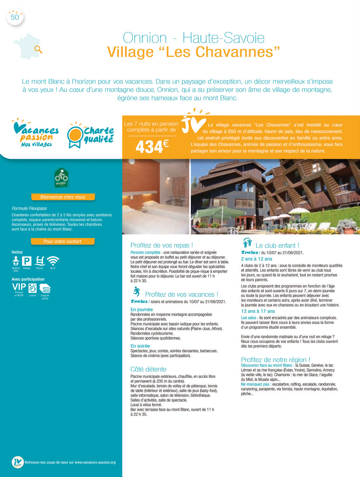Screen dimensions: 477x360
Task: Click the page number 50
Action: coord(15,17)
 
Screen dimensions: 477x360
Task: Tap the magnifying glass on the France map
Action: coord(38,49)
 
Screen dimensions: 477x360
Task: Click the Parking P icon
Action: coord(27,261)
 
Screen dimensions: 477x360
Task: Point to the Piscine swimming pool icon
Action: coord(40,261)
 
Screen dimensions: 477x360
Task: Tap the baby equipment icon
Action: coord(16,261)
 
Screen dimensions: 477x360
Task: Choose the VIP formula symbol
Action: coord(19,287)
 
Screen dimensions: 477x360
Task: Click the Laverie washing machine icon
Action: coord(32,288)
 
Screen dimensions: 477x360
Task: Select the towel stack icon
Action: coord(45,288)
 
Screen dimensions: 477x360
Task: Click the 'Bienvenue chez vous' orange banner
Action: coord(63,197)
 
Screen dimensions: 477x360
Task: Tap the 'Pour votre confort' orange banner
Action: coord(62,241)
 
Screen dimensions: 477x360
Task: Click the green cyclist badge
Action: coord(61,177)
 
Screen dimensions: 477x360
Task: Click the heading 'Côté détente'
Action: coord(148,369)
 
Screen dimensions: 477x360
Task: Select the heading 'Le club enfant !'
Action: coord(277,246)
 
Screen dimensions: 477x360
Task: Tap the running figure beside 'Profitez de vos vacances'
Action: coord(137,292)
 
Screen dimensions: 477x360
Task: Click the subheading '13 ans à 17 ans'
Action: coord(258,311)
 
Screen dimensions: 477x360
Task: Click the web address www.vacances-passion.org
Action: coord(95,462)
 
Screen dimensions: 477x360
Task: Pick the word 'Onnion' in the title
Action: coord(145,38)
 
